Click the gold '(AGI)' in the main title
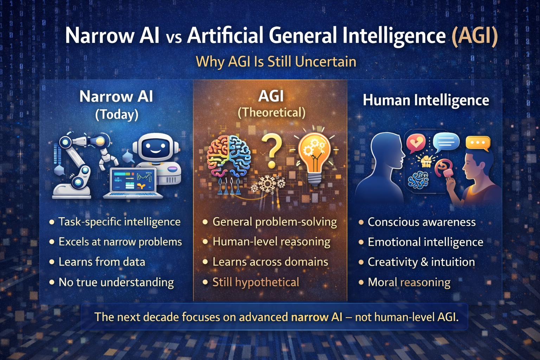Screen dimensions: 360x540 [475, 36]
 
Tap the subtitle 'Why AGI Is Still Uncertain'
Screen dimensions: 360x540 [276, 62]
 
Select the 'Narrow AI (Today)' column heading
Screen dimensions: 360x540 [116, 105]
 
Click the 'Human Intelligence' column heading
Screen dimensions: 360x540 [426, 100]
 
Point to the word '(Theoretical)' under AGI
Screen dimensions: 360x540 [271, 113]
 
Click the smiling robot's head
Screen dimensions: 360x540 [155, 148]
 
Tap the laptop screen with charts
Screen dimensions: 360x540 [133, 180]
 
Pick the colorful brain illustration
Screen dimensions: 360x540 [229, 156]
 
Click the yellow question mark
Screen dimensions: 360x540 [272, 152]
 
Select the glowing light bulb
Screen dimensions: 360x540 [314, 155]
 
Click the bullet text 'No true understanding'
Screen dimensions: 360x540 [116, 282]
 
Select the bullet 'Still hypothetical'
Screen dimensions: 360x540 [256, 282]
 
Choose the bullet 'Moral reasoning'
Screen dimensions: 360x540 [409, 282]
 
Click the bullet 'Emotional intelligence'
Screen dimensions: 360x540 [425, 242]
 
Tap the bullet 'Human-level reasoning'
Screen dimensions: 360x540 [271, 242]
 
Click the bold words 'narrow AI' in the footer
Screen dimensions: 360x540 [316, 317]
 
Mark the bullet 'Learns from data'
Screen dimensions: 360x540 [102, 262]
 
